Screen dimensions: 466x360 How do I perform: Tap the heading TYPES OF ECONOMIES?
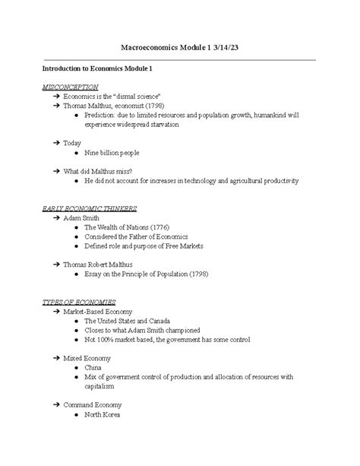click(x=79, y=302)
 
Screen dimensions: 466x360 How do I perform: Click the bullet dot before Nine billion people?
click(x=77, y=153)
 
